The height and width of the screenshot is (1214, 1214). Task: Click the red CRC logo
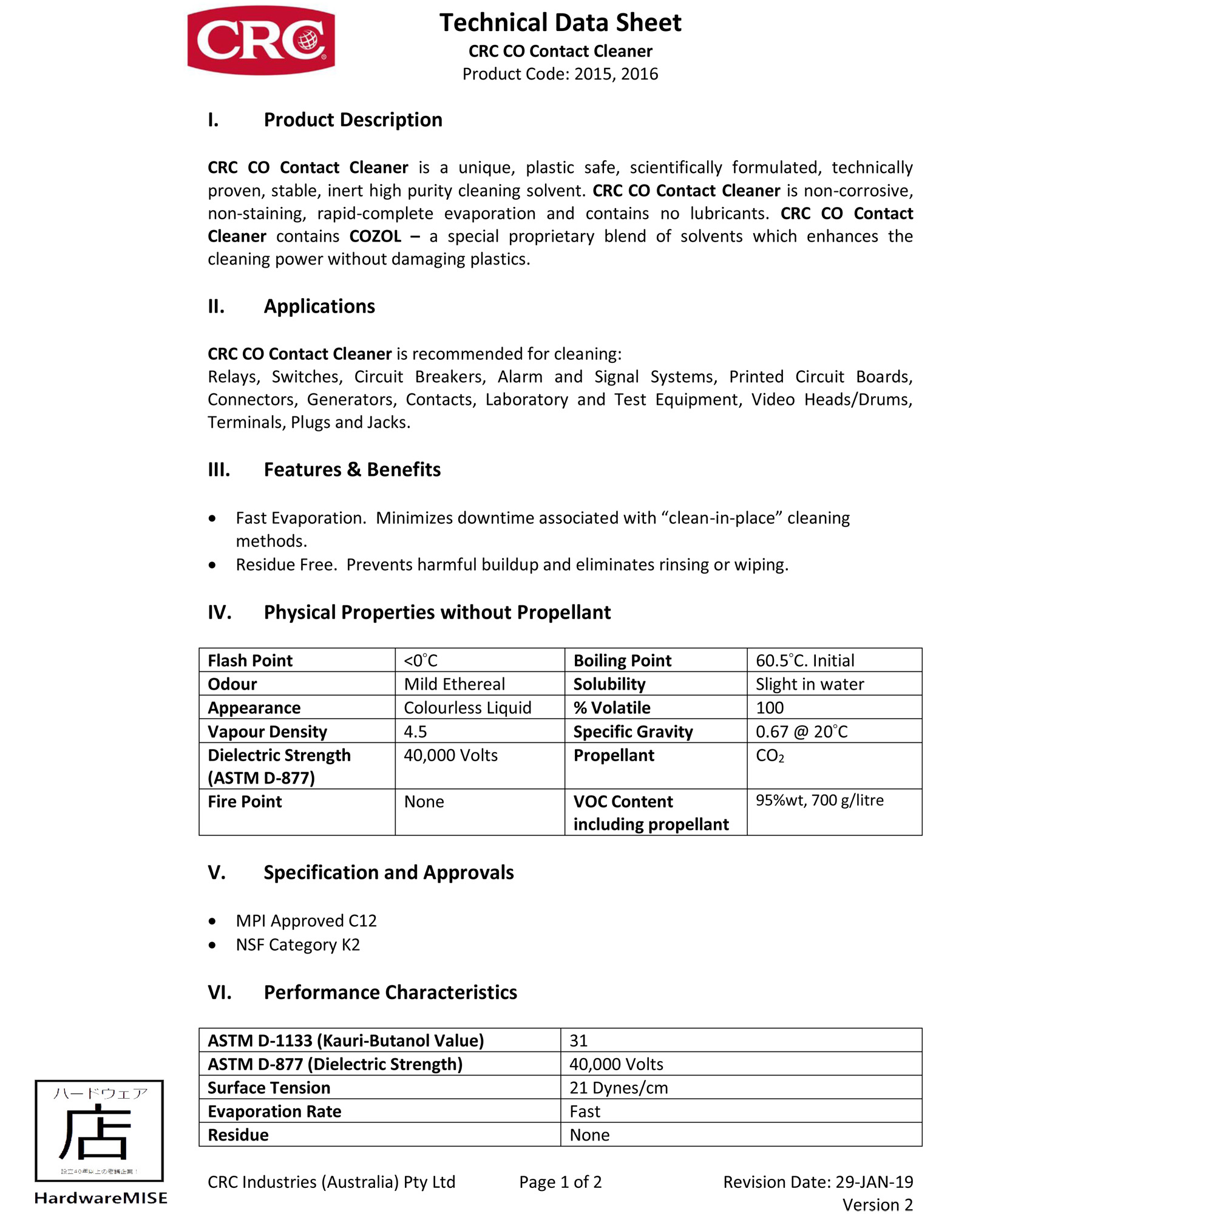[261, 40]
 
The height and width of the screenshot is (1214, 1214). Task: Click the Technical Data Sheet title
[560, 22]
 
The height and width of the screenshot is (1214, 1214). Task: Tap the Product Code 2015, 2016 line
[560, 74]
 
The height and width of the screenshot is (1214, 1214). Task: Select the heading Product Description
[353, 120]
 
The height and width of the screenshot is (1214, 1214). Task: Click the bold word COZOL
[375, 236]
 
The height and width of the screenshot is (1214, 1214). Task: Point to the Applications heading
[319, 306]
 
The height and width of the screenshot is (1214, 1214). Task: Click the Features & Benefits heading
[352, 469]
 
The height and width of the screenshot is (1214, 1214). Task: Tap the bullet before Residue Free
[212, 565]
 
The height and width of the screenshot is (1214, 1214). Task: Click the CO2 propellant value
[769, 756]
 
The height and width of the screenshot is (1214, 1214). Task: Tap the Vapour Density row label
[267, 731]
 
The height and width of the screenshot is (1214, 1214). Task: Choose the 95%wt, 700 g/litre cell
[819, 800]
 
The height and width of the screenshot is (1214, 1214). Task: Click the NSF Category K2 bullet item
[297, 944]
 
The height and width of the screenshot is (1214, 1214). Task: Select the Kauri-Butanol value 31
[578, 1040]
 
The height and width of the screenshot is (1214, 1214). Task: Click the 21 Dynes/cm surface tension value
[619, 1088]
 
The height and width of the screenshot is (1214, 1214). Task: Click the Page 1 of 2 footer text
[560, 1182]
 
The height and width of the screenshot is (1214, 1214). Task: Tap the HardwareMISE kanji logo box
[100, 1130]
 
